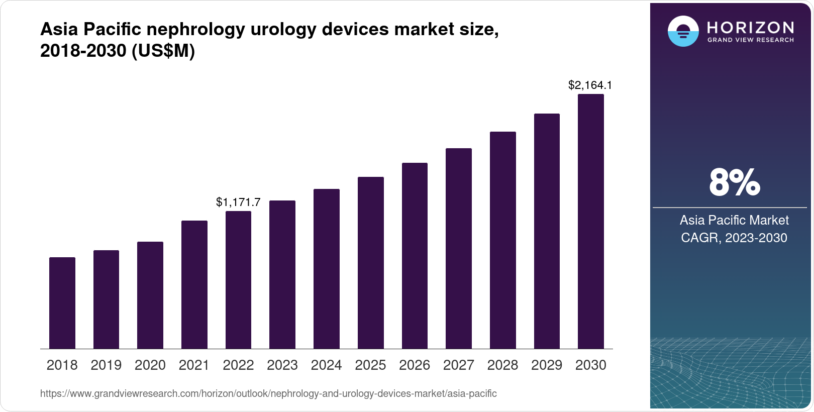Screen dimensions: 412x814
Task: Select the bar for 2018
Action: point(62,303)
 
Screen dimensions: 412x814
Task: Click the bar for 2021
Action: point(194,284)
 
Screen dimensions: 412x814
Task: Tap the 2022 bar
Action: point(238,280)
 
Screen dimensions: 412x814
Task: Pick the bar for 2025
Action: point(370,263)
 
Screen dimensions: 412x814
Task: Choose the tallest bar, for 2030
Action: point(590,221)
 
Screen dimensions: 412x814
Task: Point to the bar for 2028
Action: point(502,240)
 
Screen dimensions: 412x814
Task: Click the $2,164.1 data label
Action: point(590,85)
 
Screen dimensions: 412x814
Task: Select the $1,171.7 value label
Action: point(238,202)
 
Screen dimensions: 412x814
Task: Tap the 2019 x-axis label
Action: point(106,365)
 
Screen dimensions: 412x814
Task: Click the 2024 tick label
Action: point(326,365)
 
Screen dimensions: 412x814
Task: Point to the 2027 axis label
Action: point(458,365)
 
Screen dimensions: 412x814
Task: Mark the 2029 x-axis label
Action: point(547,365)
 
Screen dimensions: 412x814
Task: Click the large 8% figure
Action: point(734,182)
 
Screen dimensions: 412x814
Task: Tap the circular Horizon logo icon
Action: point(683,31)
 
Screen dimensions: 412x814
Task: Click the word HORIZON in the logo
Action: point(750,27)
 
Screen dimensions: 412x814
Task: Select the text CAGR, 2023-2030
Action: point(734,238)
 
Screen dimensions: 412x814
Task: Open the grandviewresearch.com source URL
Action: point(268,393)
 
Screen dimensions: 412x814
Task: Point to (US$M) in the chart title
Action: point(163,51)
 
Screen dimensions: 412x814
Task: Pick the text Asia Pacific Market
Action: point(734,220)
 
